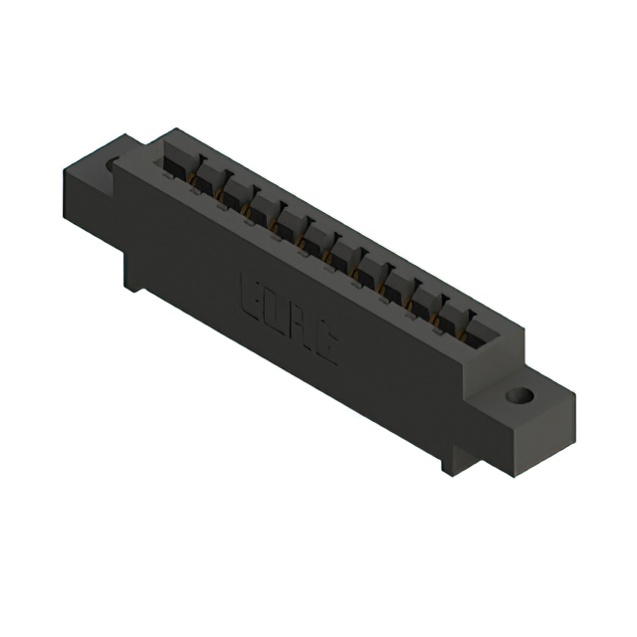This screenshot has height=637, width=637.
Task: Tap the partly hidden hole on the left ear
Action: tap(111, 162)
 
